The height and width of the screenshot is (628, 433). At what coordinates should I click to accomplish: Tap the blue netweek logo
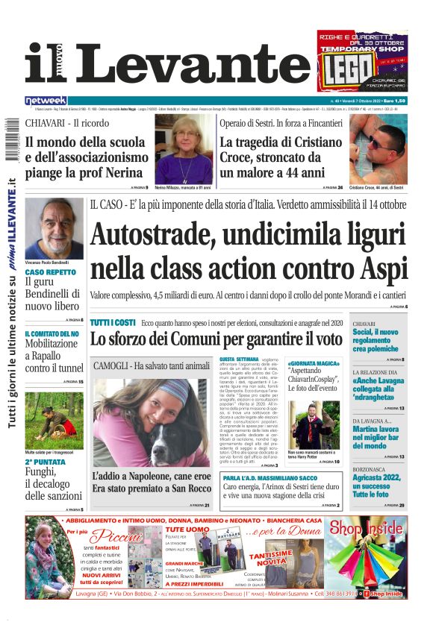click(x=46, y=100)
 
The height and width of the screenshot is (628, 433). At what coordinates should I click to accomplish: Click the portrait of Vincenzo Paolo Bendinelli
click(x=53, y=227)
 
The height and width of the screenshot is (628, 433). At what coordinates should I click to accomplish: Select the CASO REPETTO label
click(x=50, y=273)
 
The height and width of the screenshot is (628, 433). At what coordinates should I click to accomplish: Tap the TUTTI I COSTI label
click(x=112, y=322)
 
